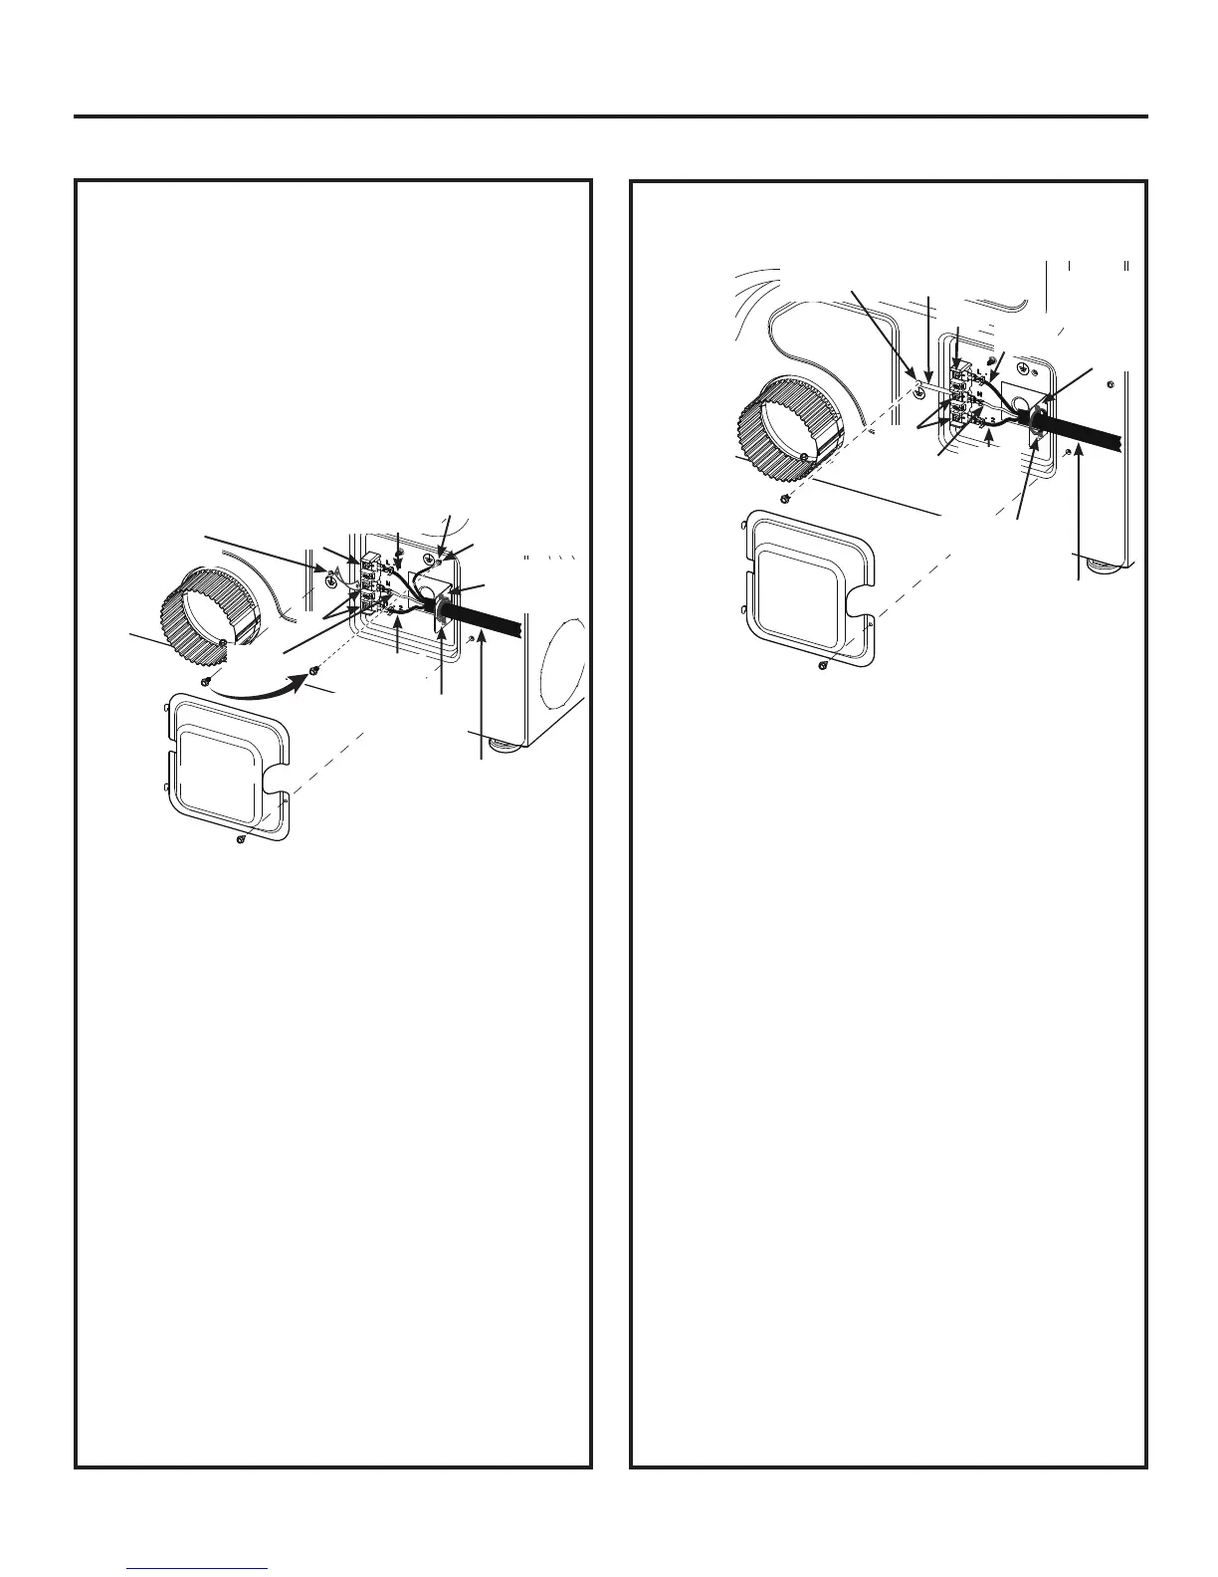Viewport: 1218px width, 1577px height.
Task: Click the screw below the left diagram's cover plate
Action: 241,840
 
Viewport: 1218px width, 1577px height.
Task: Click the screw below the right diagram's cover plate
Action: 822,665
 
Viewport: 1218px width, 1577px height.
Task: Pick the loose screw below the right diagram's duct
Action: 785,497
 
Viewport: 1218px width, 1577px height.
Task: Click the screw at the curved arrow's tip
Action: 315,670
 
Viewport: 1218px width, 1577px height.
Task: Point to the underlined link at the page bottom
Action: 198,1569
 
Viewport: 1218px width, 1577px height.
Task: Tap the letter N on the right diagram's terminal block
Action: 980,395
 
